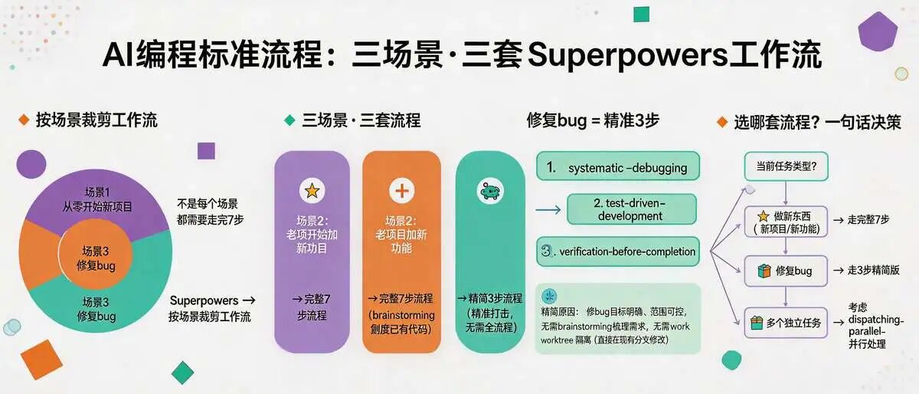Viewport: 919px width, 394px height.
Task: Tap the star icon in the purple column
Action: click(312, 191)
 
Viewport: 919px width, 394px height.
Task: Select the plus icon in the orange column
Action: click(401, 191)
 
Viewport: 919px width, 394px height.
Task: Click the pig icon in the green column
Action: click(490, 191)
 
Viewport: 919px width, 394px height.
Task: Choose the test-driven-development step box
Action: click(632, 209)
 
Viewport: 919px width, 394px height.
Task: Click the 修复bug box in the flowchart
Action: click(786, 271)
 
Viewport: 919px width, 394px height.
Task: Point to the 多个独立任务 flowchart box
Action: click(786, 323)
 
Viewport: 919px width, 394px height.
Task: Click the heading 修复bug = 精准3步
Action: click(594, 120)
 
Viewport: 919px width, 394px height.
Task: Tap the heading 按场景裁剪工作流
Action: click(96, 120)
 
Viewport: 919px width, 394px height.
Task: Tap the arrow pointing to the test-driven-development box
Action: click(548, 208)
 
